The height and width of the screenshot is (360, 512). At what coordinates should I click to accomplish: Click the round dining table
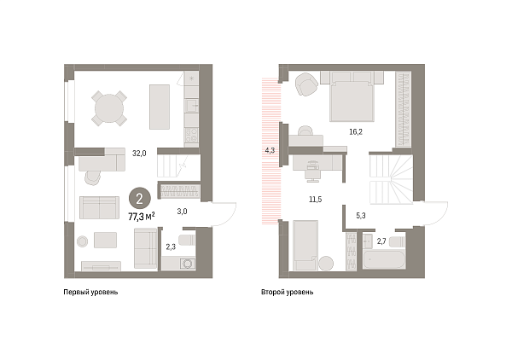point(108,107)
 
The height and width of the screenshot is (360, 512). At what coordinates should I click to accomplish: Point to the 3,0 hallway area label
point(182,210)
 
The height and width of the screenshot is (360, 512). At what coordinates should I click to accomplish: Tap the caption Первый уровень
point(91,293)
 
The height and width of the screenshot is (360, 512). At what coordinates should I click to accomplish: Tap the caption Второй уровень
point(288,293)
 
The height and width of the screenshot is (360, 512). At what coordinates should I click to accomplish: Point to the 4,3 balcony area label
point(271,150)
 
